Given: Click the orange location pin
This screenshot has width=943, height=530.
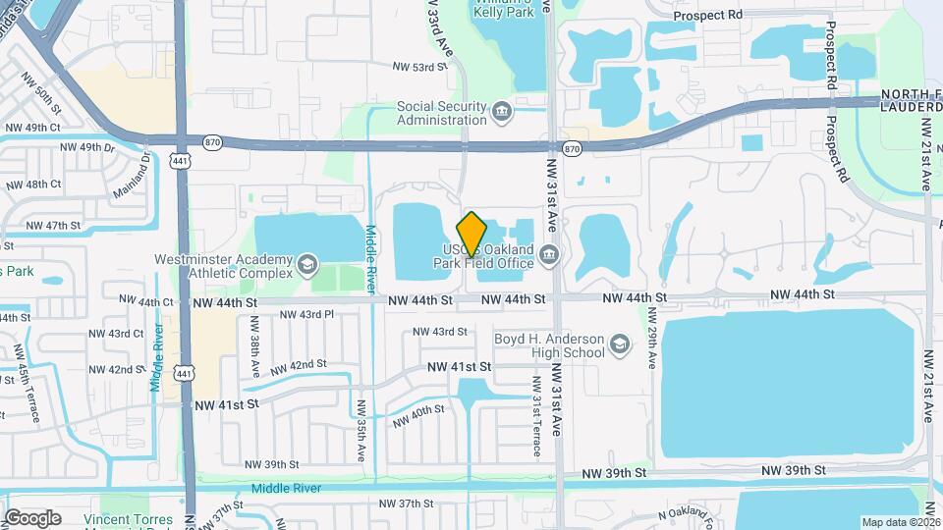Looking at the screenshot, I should pyautogui.click(x=472, y=234).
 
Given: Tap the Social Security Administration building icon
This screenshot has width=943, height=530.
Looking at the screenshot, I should pyautogui.click(x=502, y=110).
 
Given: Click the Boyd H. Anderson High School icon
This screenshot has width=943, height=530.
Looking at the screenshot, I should pyautogui.click(x=619, y=344).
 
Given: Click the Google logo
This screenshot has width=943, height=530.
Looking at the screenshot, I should pyautogui.click(x=32, y=517).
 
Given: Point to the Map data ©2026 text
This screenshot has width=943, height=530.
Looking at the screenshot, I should pyautogui.click(x=900, y=522).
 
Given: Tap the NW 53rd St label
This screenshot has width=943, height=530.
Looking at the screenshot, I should pyautogui.click(x=419, y=67).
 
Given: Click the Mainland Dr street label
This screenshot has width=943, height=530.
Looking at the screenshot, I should pyautogui.click(x=145, y=167).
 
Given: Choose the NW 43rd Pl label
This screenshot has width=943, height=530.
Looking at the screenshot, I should pyautogui.click(x=307, y=314).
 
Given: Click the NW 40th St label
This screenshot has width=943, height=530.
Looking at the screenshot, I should pyautogui.click(x=418, y=415).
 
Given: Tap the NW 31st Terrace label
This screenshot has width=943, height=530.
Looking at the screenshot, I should pyautogui.click(x=536, y=416).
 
